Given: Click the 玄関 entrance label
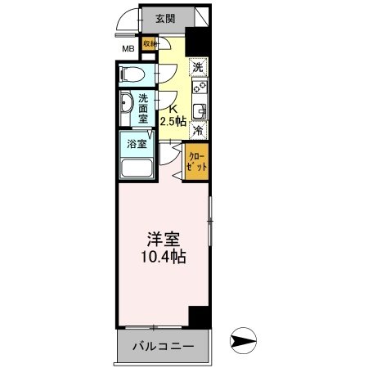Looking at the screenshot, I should [x=165, y=19].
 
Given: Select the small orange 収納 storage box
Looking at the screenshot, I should [x=150, y=45].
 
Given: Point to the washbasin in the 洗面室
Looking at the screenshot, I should [x=127, y=105].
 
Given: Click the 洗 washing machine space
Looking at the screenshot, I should [x=198, y=68].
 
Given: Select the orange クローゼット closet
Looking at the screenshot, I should [x=197, y=160].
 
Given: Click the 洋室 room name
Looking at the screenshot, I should [x=163, y=240].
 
